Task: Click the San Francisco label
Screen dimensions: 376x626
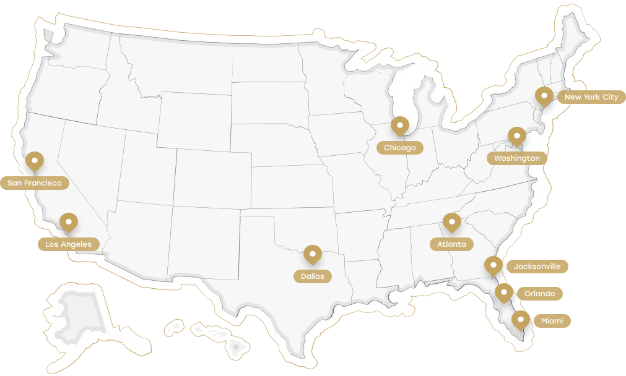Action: tap(34, 183)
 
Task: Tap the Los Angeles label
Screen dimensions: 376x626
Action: tap(68, 244)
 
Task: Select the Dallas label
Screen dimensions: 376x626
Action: tap(312, 276)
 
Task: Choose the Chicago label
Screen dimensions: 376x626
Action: tap(399, 148)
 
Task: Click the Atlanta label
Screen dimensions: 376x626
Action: tap(451, 244)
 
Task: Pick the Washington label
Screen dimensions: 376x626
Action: tap(516, 158)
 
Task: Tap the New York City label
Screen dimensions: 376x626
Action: tap(591, 97)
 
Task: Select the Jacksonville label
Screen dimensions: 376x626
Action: tap(537, 267)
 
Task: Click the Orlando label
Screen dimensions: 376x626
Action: tap(539, 294)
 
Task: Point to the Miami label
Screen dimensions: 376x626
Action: tap(552, 321)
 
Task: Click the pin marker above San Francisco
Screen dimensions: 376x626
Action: tap(35, 161)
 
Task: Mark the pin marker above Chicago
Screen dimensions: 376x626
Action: tap(400, 126)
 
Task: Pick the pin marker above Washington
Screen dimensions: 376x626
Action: tap(516, 136)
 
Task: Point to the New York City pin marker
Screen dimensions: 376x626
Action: tap(544, 96)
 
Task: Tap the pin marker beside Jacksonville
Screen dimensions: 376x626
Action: tap(493, 266)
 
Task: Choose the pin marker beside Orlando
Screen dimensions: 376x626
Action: tap(503, 293)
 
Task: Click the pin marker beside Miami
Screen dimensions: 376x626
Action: tap(521, 320)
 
